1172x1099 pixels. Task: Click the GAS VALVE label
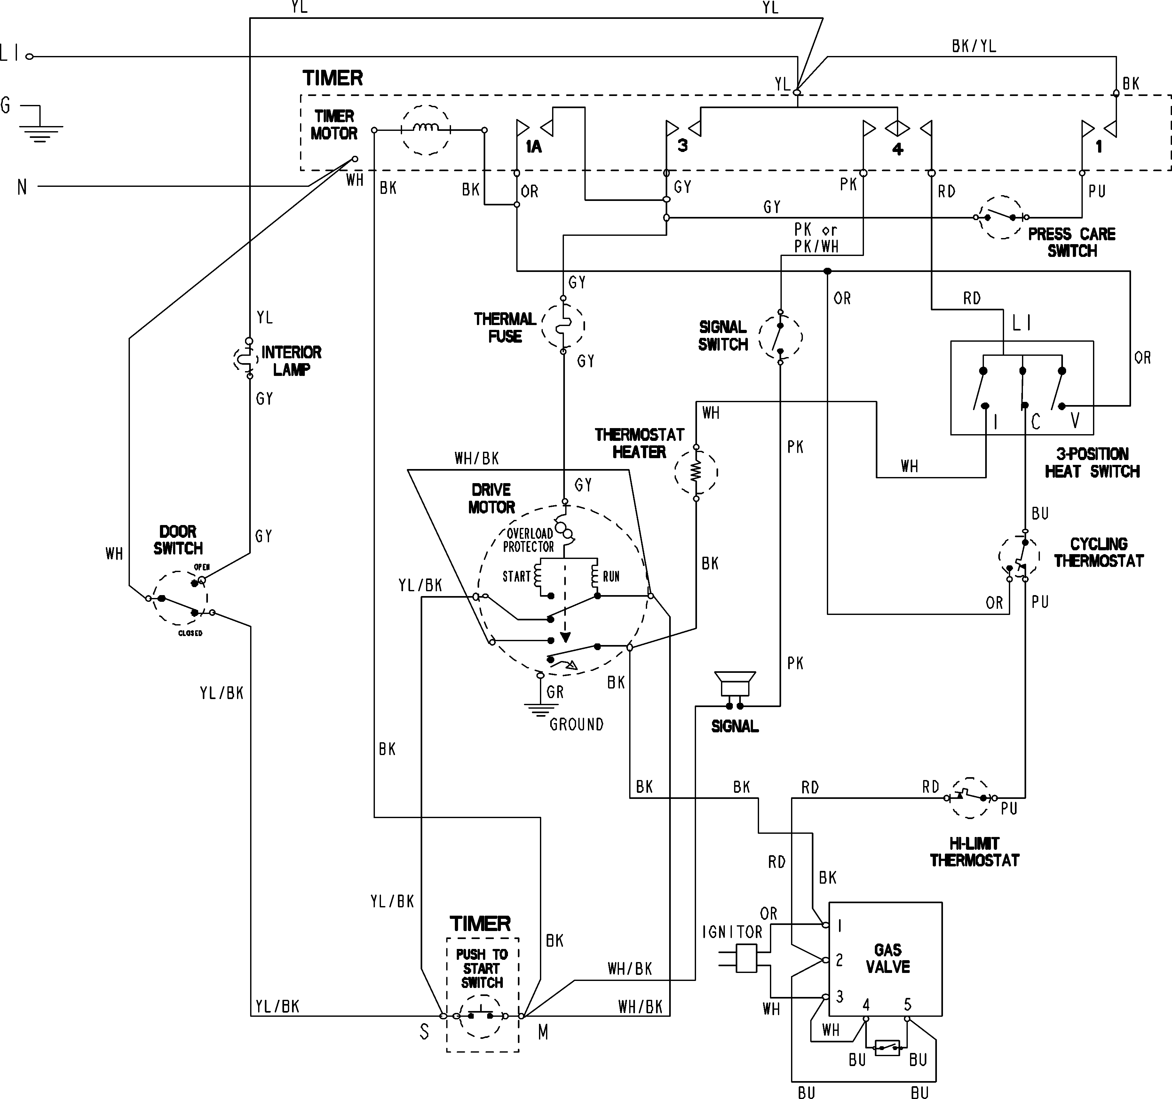887,958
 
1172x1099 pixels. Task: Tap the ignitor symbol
747,958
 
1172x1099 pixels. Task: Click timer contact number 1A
534,146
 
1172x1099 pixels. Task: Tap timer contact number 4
897,148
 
